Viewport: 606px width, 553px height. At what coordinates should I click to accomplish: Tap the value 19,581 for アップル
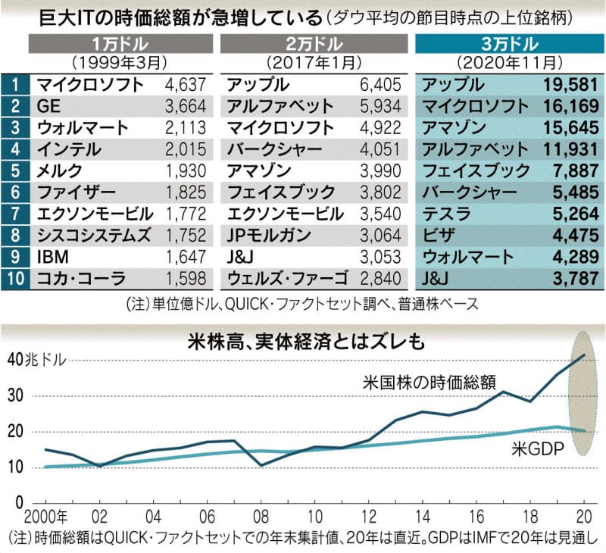(566, 84)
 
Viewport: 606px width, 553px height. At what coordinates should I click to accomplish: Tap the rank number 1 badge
(15, 84)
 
